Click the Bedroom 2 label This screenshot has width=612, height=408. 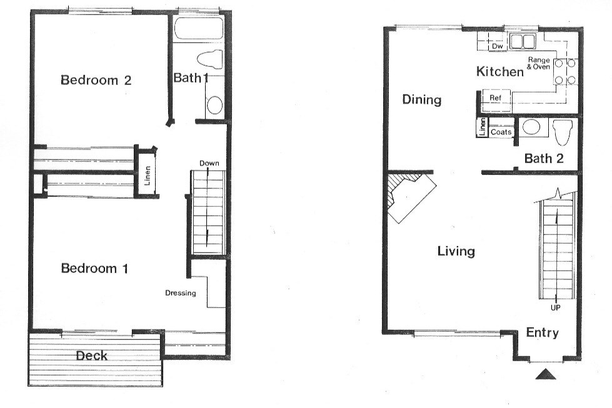(x=96, y=80)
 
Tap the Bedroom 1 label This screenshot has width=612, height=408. (x=94, y=269)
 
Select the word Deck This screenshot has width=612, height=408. (x=92, y=356)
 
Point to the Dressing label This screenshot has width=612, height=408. (x=180, y=293)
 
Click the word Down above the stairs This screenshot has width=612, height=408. (x=209, y=163)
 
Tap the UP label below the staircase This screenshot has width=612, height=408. (x=555, y=307)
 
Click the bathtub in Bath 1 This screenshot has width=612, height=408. (x=198, y=28)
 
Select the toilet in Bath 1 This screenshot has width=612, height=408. (x=210, y=60)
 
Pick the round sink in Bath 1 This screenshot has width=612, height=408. (x=214, y=106)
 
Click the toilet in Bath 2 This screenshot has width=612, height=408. (x=563, y=131)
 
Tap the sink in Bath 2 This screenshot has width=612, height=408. (x=531, y=127)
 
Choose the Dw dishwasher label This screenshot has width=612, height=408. (x=497, y=46)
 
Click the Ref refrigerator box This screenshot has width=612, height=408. (x=496, y=97)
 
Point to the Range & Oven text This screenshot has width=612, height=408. (x=539, y=63)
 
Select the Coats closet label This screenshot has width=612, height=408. (x=501, y=132)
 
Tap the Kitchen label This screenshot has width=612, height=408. (x=500, y=71)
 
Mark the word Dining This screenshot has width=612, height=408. (x=422, y=100)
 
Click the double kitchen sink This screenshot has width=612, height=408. (x=522, y=41)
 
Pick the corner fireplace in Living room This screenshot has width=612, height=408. (x=410, y=197)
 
